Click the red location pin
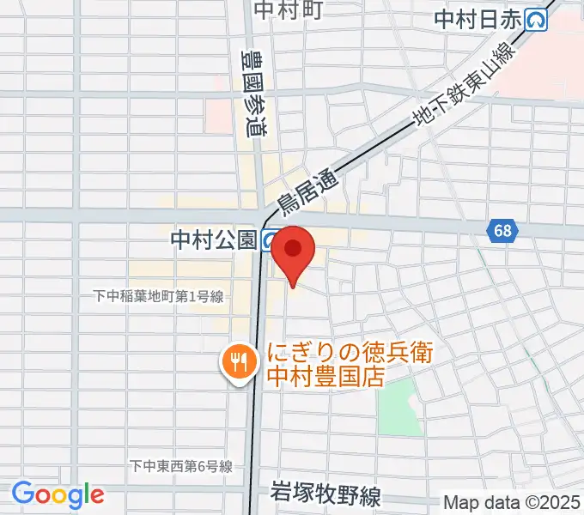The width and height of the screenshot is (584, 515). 293,251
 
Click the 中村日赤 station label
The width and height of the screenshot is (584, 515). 478,20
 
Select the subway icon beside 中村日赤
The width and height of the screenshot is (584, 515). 538,20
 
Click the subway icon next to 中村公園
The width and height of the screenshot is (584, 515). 270,239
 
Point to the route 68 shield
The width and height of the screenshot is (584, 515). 502,230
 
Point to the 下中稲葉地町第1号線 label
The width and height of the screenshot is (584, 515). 159,296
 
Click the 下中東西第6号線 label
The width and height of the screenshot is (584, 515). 181,467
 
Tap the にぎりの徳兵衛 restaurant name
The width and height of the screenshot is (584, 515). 349,352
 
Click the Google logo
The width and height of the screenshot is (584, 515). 58,494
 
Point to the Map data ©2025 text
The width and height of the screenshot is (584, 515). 510,502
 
